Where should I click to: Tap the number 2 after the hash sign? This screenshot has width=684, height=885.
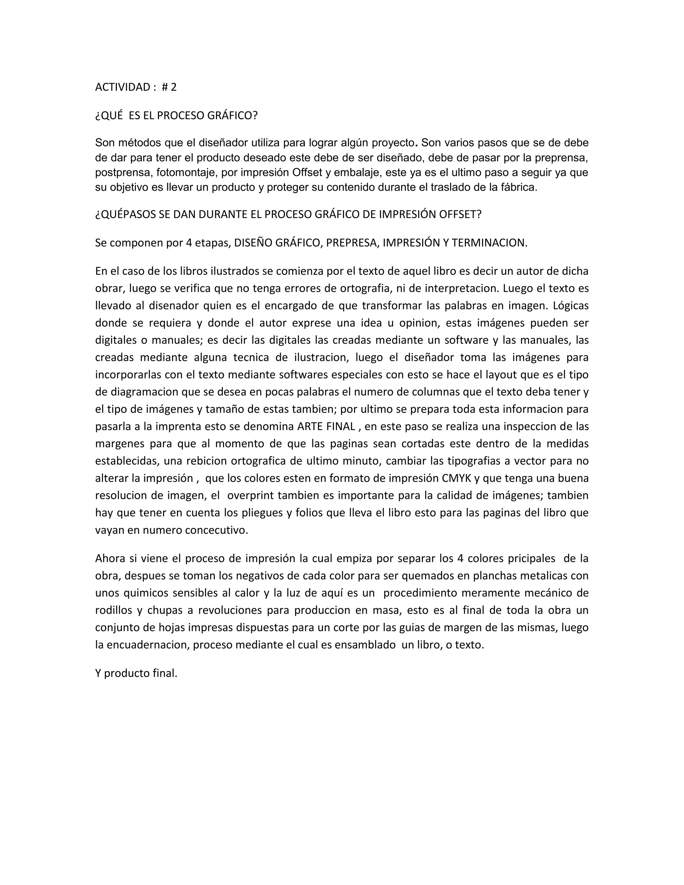pyautogui.click(x=173, y=87)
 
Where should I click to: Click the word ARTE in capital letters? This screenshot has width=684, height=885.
pyautogui.click(x=310, y=427)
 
